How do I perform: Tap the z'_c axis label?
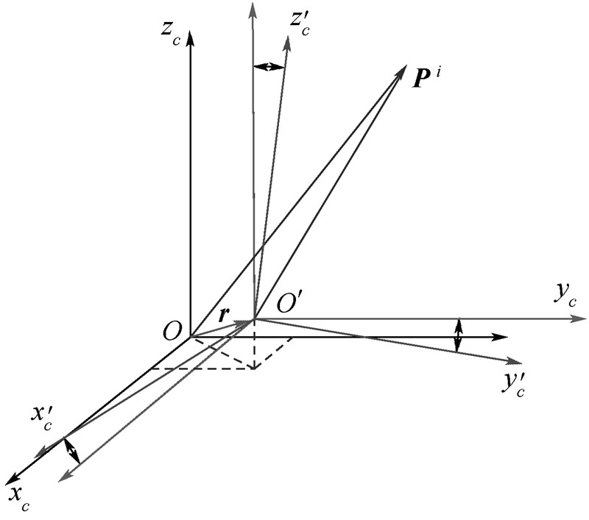300,24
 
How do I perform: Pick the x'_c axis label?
41,416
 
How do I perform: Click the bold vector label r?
225,315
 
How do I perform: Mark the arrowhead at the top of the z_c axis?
191,37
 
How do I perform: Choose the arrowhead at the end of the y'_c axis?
515,361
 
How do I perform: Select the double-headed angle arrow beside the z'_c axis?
268,67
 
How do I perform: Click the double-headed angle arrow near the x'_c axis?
71,450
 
